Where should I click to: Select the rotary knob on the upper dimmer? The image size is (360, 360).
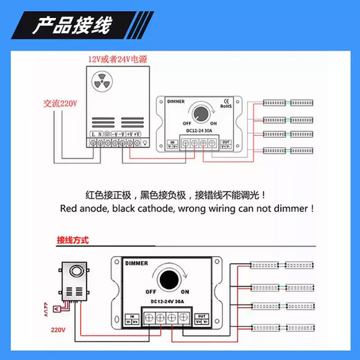[203, 112]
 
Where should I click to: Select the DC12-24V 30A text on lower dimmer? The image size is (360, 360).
[166, 303]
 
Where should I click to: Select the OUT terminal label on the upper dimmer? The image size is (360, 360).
[225, 142]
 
